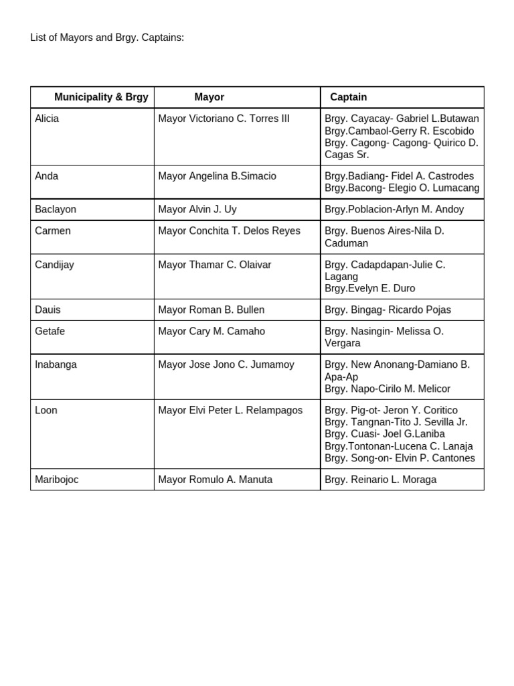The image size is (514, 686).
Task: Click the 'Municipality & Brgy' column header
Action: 101,97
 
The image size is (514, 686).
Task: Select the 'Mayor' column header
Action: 209,97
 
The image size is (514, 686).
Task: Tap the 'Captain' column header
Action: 348,97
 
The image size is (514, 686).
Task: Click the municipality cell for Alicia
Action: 47,119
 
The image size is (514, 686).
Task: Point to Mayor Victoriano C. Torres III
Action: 224,119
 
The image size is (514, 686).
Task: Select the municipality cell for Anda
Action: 47,176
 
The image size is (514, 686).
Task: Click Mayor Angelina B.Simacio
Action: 217,176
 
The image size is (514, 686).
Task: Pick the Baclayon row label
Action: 56,210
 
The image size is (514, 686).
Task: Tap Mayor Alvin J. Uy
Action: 197,210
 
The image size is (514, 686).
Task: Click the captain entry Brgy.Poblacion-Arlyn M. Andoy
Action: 394,210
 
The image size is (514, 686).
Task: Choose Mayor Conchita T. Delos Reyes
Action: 229,231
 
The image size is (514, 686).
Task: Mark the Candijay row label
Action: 54,265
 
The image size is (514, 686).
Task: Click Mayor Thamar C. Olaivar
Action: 214,265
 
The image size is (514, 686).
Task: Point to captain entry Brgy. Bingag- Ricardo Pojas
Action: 388,310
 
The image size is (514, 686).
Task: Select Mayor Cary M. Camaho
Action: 211,332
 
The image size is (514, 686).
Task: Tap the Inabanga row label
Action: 56,365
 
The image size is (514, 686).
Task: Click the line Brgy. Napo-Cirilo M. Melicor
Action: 388,389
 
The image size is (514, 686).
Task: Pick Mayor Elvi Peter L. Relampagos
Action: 230,411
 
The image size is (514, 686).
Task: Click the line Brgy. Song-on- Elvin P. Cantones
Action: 400,459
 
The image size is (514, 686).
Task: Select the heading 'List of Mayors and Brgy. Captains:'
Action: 107,38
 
